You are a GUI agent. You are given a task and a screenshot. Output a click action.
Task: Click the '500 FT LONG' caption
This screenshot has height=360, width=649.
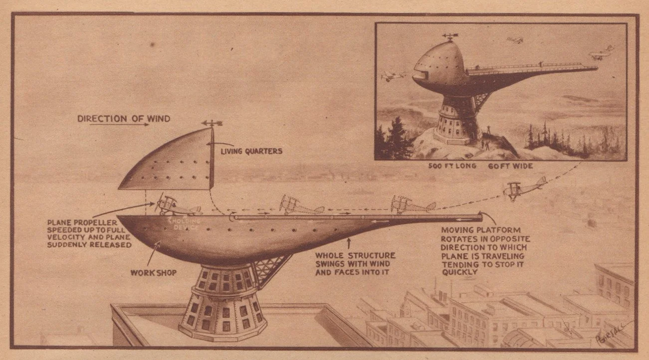tap(451, 166)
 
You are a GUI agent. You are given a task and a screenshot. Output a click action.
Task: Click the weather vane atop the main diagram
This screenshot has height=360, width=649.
tap(212, 123)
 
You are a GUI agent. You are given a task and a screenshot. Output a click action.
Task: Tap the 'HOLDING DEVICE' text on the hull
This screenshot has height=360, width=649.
tap(186, 223)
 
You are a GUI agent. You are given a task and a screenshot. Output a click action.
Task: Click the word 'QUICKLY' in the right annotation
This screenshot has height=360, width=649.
tap(460, 273)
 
